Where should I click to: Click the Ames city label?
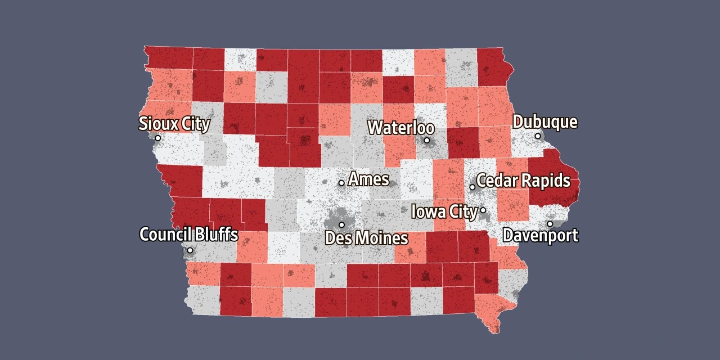(368, 179)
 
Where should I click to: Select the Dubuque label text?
(544, 122)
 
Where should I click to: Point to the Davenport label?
(540, 235)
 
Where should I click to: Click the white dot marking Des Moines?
(341, 224)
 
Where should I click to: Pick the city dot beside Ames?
(341, 183)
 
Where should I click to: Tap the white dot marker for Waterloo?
(426, 140)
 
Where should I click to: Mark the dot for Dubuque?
(538, 136)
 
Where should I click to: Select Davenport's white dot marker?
(550, 224)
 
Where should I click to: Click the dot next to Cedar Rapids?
(472, 187)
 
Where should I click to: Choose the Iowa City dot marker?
(483, 210)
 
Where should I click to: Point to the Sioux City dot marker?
(157, 138)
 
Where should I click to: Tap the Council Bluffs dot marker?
(190, 250)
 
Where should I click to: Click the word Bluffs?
(217, 234)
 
